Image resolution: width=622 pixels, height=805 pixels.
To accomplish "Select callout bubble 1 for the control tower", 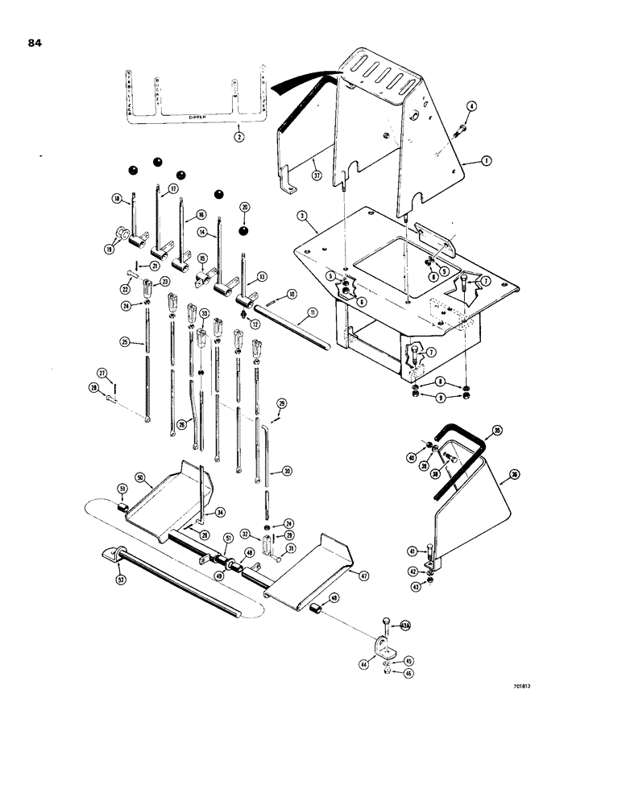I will [487, 161].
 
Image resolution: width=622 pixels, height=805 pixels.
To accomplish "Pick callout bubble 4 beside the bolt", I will [473, 105].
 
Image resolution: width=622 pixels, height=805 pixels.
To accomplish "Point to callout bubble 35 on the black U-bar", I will [496, 431].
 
